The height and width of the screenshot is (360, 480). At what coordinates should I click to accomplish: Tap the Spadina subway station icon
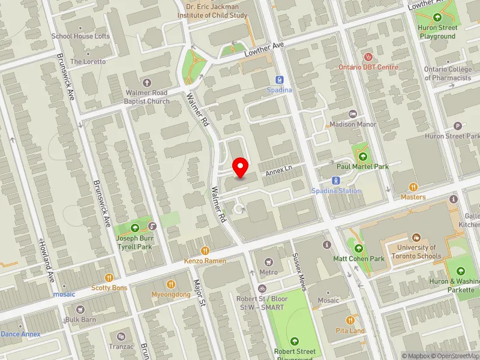pyautogui.click(x=279, y=80)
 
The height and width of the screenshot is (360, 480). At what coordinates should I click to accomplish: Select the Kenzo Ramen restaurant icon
pyautogui.click(x=205, y=251)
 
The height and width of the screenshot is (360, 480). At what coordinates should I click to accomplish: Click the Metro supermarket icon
pyautogui.click(x=268, y=262)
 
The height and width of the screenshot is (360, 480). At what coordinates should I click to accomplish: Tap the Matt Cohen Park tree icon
pyautogui.click(x=359, y=248)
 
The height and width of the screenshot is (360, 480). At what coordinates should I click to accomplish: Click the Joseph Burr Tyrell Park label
pyautogui.click(x=134, y=242)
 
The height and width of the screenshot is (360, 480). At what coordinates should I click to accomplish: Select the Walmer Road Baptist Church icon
pyautogui.click(x=147, y=82)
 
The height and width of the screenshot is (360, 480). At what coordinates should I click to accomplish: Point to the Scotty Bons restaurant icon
pyautogui.click(x=109, y=277)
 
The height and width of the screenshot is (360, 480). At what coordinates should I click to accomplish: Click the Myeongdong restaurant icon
pyautogui.click(x=170, y=284)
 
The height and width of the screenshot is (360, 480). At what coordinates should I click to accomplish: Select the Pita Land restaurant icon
pyautogui.click(x=350, y=320)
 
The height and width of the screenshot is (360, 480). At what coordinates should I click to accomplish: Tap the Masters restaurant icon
pyautogui.click(x=413, y=187)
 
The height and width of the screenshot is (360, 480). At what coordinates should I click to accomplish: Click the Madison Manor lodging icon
pyautogui.click(x=353, y=114)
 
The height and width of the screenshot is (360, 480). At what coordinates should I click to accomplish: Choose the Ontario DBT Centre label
pyautogui.click(x=368, y=67)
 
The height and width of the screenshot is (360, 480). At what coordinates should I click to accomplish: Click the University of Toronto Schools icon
pyautogui.click(x=416, y=238)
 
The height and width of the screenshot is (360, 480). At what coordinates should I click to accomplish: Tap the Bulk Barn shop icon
pyautogui.click(x=70, y=309)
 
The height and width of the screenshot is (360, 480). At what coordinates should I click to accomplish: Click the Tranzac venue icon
pyautogui.click(x=122, y=337)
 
